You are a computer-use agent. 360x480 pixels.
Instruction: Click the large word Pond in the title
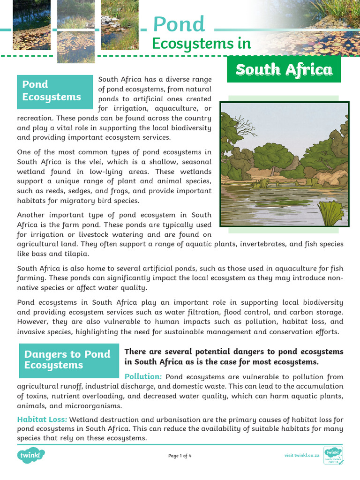179,24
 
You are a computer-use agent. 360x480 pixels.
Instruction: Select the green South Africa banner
284,70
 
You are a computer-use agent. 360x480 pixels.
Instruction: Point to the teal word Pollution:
143,377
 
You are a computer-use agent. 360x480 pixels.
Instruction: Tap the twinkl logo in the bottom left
31,455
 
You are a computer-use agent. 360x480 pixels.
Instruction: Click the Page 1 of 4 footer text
180,456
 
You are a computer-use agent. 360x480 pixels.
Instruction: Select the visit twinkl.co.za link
302,456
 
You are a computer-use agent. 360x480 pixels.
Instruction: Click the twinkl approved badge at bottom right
333,456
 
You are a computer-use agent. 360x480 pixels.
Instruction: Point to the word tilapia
75,254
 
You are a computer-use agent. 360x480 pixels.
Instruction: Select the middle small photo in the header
75,31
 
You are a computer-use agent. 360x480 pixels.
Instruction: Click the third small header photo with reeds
120,25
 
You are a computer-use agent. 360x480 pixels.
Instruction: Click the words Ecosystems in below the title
202,44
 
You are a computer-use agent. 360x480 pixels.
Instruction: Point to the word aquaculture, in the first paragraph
169,109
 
